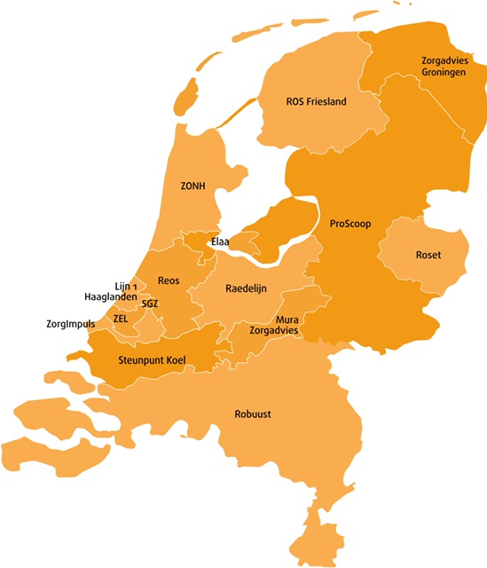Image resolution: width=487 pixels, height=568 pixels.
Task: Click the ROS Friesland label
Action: (316, 101)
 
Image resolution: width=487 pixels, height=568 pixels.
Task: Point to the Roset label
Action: (428, 256)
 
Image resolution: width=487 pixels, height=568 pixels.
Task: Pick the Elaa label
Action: (220, 241)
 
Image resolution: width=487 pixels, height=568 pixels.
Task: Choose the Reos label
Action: (169, 280)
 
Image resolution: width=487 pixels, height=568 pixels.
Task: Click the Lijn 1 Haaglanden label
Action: (110, 291)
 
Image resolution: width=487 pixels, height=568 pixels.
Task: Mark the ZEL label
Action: (122, 318)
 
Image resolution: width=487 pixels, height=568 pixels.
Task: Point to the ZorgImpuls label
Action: (71, 324)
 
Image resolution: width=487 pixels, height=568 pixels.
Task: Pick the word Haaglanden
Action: (110, 297)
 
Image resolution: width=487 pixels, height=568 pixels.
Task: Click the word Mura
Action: (286, 319)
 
